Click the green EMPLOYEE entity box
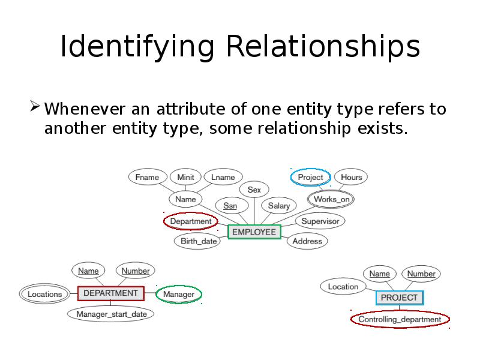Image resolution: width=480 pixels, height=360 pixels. coord(254,232)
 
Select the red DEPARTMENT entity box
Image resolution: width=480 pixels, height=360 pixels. coord(110,293)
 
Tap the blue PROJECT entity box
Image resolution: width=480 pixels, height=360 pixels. coord(400,297)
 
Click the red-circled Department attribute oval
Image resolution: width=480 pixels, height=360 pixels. coord(190,221)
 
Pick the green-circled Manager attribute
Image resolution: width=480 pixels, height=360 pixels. coord(179,295)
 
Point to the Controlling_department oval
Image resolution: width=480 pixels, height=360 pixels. coord(400,319)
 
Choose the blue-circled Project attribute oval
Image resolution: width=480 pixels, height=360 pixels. coord(310,177)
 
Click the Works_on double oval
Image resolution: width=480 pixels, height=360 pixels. coord(332,199)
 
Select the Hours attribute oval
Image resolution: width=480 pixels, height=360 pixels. coord(351,177)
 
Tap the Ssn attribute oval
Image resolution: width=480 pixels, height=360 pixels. coord(230,206)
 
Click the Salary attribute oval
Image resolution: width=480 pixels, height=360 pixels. coord(278,206)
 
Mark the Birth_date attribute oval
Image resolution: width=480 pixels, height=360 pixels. coord(199,241)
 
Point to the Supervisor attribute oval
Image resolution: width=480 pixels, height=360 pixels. coord(320,221)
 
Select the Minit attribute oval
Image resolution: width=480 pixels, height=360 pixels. coord(185,177)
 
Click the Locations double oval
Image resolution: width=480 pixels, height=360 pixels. coord(45,294)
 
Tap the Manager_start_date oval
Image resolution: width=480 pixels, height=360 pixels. coord(111,313)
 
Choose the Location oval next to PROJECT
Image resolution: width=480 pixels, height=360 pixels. coord(343,287)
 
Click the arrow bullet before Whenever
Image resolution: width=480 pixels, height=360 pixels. coord(35,109)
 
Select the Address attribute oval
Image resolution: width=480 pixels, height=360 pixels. coord(307,241)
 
